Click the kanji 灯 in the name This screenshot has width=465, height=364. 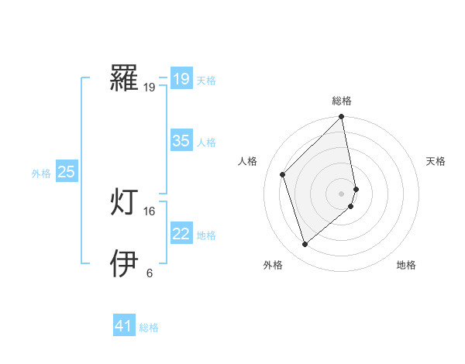click(125, 203)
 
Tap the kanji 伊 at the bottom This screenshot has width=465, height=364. click(125, 264)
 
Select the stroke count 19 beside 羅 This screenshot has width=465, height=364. click(149, 88)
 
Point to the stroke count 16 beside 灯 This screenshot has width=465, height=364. click(149, 211)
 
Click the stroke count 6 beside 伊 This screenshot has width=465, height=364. click(149, 273)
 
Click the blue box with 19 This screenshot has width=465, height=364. click(181, 79)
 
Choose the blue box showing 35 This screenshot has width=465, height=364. click(181, 141)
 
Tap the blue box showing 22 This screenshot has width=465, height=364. click(181, 234)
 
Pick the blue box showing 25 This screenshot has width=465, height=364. click(66, 172)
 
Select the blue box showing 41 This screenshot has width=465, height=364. click(124, 326)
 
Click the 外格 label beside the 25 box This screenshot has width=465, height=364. click(41, 173)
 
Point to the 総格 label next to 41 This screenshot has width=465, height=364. click(149, 328)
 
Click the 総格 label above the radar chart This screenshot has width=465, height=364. click(342, 101)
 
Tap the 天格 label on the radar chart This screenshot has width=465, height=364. click(436, 161)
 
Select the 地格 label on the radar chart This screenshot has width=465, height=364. click(406, 265)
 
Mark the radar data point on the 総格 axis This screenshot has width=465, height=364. click(342, 118)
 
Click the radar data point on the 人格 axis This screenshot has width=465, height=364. click(283, 174)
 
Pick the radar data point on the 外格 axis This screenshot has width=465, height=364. click(305, 245)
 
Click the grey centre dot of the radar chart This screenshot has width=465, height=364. click(342, 194)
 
